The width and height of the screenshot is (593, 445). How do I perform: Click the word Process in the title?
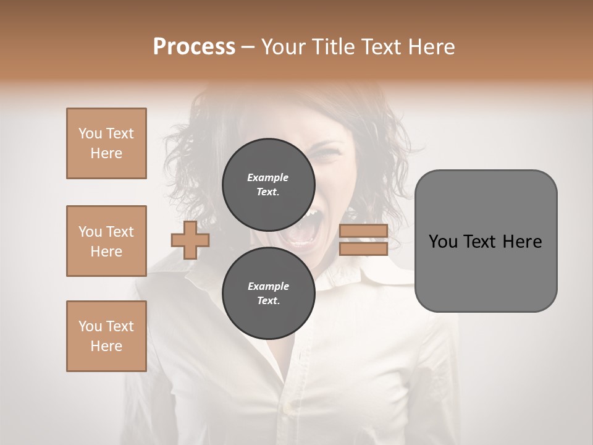click(194, 46)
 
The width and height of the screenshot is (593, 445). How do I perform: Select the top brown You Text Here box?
click(106, 143)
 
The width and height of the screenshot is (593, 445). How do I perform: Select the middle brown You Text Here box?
click(106, 241)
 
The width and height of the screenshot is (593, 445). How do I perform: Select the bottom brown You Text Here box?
click(106, 336)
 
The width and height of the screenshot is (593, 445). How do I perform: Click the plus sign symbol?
click(190, 240)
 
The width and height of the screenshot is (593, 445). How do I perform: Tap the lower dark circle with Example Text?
click(268, 293)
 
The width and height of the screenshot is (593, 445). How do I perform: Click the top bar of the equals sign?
click(363, 231)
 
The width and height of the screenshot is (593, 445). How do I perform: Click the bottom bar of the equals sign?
click(363, 248)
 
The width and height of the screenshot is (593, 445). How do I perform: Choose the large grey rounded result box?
click(486, 241)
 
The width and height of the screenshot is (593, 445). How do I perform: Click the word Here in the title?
click(431, 47)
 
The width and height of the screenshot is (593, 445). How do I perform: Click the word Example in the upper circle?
click(268, 177)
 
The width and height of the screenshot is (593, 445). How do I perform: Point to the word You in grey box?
click(444, 242)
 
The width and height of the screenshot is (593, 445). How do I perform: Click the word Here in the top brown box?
click(106, 153)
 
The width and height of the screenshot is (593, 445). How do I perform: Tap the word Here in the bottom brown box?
click(106, 346)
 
